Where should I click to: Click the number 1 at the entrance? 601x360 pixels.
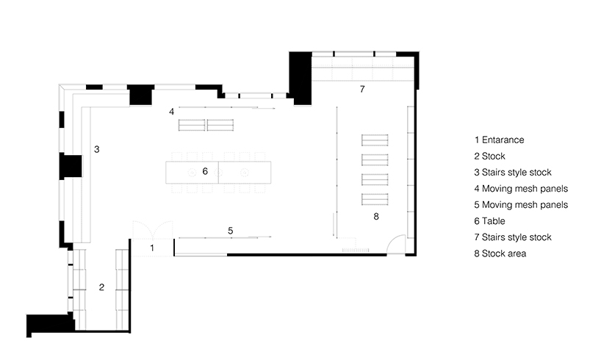point(152,248)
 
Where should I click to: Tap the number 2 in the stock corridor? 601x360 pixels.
point(101,287)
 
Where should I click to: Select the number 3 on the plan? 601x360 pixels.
point(97,149)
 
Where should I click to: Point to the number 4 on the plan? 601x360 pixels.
point(172,112)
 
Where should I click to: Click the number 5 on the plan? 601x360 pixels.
point(231,231)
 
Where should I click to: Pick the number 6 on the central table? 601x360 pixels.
point(205,171)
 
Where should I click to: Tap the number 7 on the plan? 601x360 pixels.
point(362,90)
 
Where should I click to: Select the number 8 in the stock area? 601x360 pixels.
point(376,217)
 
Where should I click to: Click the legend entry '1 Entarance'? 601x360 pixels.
point(499,140)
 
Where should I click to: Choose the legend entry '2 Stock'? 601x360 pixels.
point(489,156)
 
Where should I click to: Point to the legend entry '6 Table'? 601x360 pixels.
point(489,221)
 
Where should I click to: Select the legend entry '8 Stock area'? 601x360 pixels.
point(500,253)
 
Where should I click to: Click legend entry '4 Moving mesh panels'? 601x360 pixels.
point(521,189)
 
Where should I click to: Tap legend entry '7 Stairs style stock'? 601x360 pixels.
point(513,237)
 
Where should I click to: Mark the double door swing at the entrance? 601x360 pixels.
point(153,230)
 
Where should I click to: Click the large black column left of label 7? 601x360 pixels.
point(300,78)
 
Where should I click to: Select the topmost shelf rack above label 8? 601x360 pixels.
point(375,140)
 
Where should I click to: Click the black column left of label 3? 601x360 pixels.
point(71,166)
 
